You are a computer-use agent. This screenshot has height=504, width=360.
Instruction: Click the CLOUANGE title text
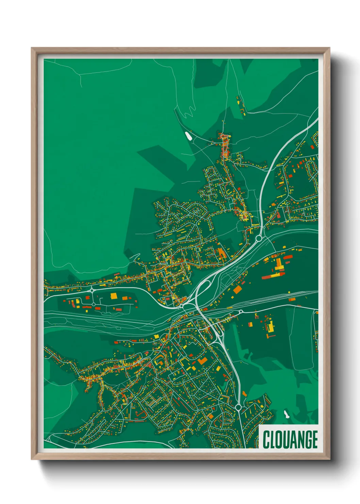coord(290,439)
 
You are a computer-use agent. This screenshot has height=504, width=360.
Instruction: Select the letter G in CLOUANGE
coord(306,439)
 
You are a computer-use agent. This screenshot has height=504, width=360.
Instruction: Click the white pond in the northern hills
coord(188,136)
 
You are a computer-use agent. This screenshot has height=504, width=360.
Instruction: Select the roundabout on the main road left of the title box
coord(238,407)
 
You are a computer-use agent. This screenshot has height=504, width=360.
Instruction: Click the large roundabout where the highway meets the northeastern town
coord(259,238)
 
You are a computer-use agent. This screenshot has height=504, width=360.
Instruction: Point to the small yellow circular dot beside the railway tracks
coord(289,292)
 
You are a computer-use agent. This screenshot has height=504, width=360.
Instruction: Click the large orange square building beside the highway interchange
coord(237,289)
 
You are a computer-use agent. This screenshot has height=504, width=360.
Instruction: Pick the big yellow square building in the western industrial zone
coord(114,296)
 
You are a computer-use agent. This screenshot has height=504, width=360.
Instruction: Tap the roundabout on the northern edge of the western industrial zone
coord(92,290)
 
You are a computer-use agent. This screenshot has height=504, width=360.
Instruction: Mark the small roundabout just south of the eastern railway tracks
coord(241,311)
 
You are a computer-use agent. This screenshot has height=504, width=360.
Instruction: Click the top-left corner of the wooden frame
coord(32,49)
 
